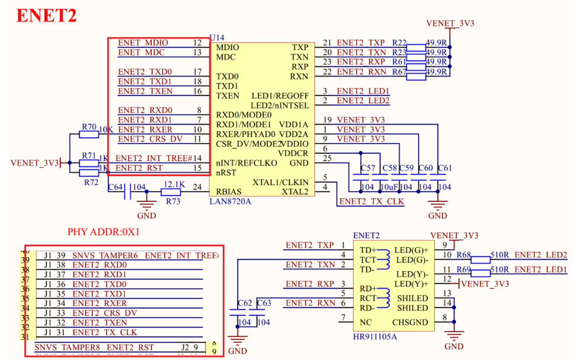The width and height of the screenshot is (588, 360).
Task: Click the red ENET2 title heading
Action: click(47, 16)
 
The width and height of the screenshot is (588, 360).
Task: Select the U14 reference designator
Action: click(217, 38)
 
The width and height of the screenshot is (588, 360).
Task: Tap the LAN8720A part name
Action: click(230, 201)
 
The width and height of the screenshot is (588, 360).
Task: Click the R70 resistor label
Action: click(89, 127)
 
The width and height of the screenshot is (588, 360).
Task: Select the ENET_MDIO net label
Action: click(143, 43)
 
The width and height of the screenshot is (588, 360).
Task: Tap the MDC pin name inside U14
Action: click(226, 57)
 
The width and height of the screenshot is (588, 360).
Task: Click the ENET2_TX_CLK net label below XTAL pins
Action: click(372, 201)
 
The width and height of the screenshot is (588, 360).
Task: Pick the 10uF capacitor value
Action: click(389, 187)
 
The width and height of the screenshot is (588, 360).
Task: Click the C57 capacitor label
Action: click(368, 168)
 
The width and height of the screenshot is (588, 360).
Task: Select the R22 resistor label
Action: click(400, 43)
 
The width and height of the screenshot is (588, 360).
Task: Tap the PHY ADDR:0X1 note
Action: click(104, 232)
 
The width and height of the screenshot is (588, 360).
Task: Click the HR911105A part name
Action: click(375, 336)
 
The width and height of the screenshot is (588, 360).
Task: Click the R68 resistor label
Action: click(463, 255)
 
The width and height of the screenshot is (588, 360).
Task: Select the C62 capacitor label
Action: click(244, 303)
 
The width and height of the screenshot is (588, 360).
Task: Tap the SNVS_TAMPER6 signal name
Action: click(105, 255)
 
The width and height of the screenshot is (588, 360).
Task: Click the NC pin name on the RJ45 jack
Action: click(365, 322)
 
